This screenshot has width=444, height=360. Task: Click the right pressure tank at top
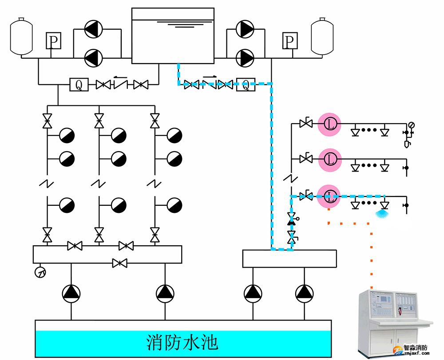(322, 36)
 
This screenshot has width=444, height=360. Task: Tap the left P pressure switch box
(53, 41)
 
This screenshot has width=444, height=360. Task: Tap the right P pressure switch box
(289, 41)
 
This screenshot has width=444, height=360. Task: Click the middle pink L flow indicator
(329, 159)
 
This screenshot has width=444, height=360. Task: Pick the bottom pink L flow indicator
(329, 195)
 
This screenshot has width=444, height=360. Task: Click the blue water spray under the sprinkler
(381, 214)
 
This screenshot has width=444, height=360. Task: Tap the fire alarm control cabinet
(393, 320)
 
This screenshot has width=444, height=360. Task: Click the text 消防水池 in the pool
(182, 343)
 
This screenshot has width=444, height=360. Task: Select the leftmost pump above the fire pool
(71, 292)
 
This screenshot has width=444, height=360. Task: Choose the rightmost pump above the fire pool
(304, 292)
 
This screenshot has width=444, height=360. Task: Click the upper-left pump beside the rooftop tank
(93, 30)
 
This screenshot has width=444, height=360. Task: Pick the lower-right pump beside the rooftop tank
(245, 56)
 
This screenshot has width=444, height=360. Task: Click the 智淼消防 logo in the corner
(416, 350)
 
